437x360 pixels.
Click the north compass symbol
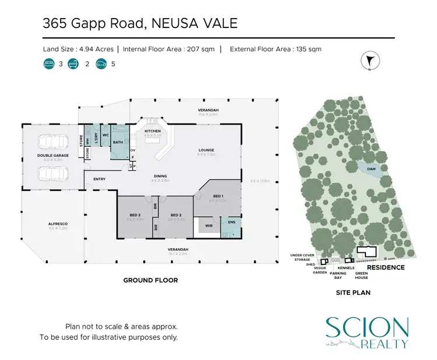point(368,61)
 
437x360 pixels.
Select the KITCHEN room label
point(153,131)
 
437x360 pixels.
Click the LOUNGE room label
point(206,150)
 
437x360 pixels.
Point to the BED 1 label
point(218,196)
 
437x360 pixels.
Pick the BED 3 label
point(135,216)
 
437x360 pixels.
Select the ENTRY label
point(99,179)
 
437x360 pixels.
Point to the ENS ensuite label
point(231,223)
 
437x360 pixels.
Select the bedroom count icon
point(48,65)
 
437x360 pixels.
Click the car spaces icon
point(101,65)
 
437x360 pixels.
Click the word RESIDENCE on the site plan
point(385,267)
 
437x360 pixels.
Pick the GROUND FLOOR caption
point(150,280)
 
